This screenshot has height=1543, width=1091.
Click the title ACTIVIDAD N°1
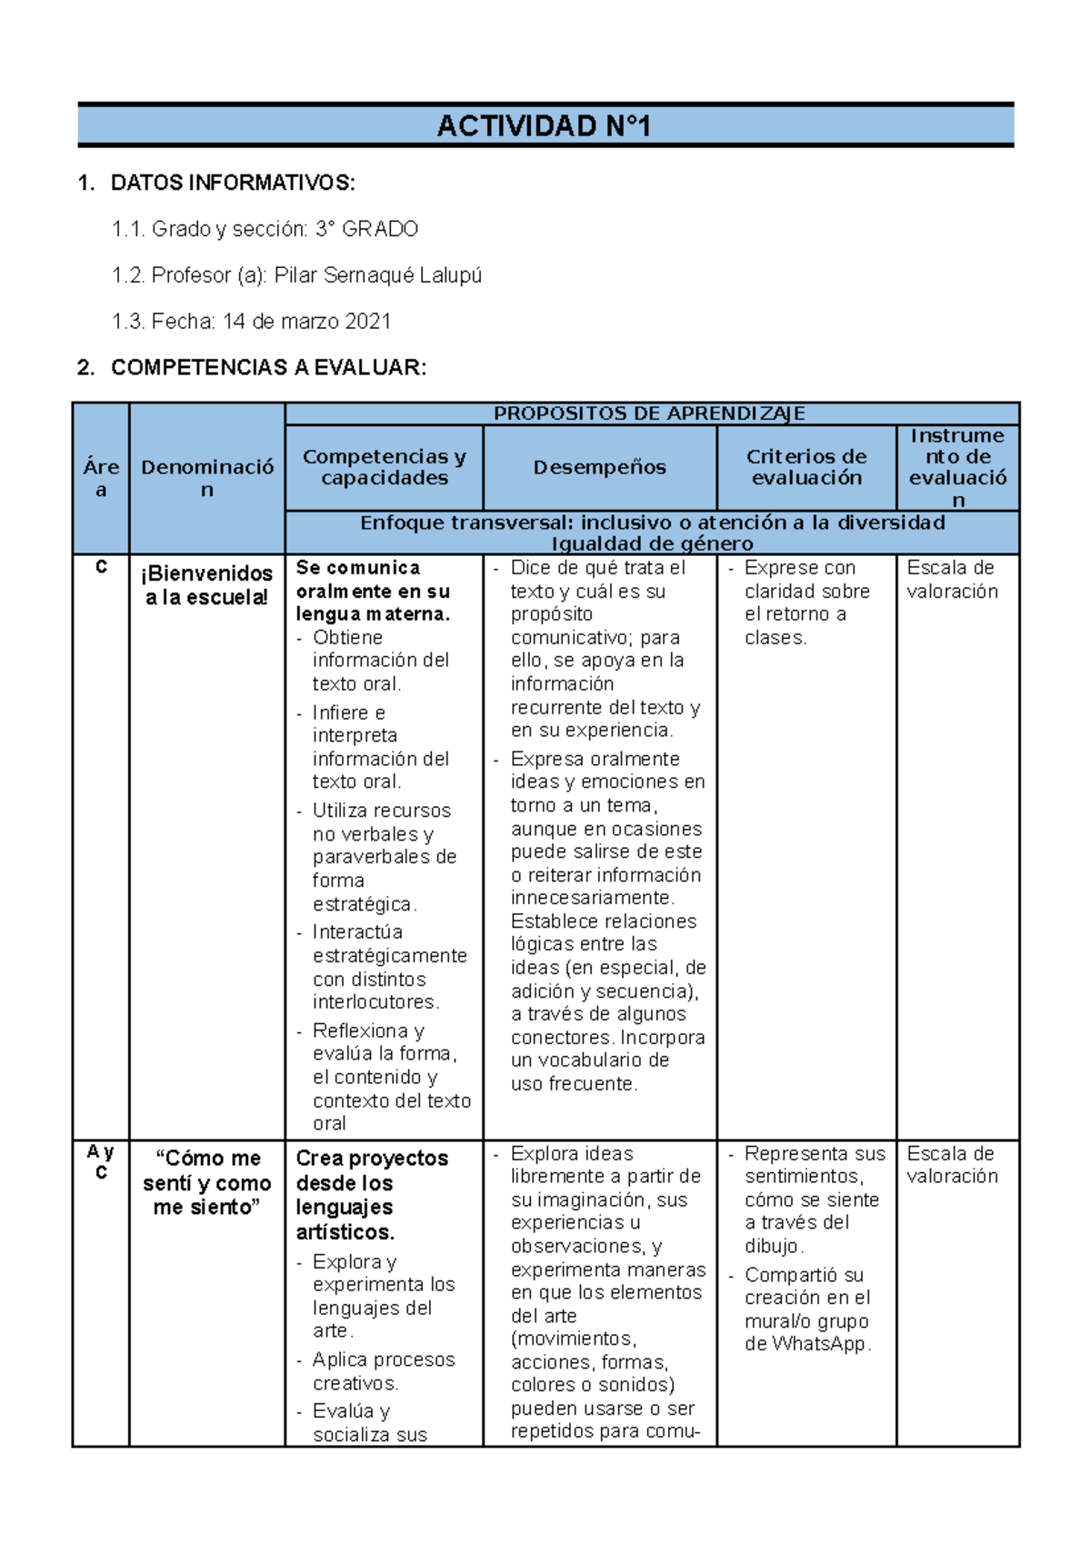pyautogui.click(x=544, y=125)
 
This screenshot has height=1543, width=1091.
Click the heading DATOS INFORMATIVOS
pyautogui.click(x=232, y=183)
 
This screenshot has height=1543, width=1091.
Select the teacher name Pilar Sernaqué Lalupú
pyautogui.click(x=377, y=275)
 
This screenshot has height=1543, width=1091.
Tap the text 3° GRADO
pyautogui.click(x=366, y=229)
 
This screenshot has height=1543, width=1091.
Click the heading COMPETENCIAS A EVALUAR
pyautogui.click(x=267, y=368)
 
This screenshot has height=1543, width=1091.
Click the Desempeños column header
pyautogui.click(x=599, y=467)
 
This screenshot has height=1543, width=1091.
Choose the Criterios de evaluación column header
pyautogui.click(x=806, y=467)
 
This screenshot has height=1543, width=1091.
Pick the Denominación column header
pyautogui.click(x=207, y=478)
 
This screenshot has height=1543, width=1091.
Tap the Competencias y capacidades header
pyautogui.click(x=384, y=467)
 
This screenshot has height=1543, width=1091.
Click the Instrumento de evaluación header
pyautogui.click(x=957, y=467)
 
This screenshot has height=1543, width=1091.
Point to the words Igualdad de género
pyautogui.click(x=652, y=543)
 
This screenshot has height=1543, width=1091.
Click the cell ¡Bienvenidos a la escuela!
pyautogui.click(x=207, y=585)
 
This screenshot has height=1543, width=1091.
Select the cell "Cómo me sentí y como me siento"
pyautogui.click(x=207, y=1182)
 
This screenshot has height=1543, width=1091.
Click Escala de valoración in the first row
pyautogui.click(x=952, y=580)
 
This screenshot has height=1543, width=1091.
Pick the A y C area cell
pyautogui.click(x=101, y=1162)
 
